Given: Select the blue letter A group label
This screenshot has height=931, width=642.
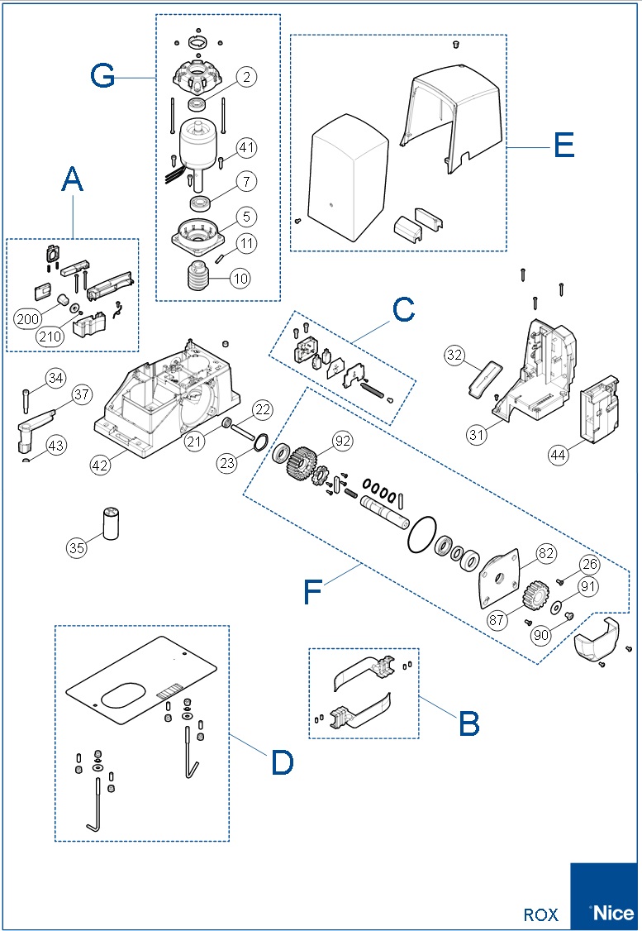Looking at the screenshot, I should point(73,179).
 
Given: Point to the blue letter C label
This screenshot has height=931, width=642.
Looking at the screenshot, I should point(403,310).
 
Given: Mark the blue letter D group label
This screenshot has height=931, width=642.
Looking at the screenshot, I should point(282,762).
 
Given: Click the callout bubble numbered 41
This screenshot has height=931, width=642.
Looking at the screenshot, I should point(246,148).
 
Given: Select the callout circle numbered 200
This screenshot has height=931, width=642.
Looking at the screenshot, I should point(26,318).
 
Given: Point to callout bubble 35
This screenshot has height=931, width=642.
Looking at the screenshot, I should point(77,547).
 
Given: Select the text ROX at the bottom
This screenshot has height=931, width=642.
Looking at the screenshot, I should point(541,915).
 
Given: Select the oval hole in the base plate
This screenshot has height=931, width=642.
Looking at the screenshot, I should point(130,695).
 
